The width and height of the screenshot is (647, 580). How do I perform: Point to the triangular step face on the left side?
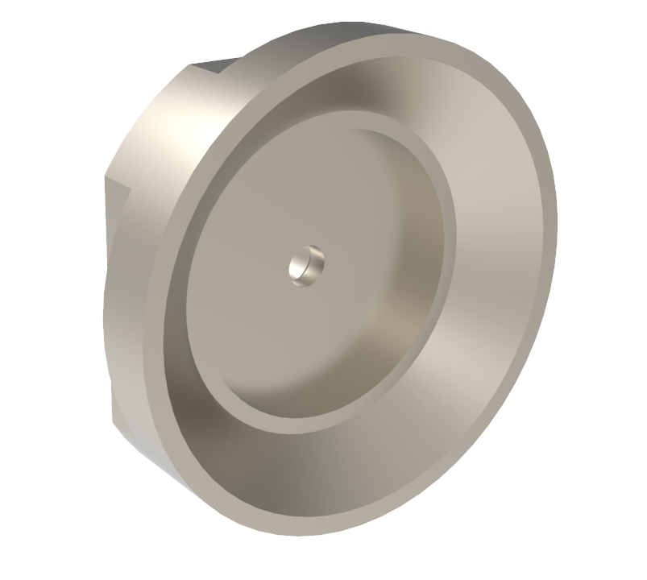pos(117,193)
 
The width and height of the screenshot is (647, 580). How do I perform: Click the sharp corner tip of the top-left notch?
pos(191,65)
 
